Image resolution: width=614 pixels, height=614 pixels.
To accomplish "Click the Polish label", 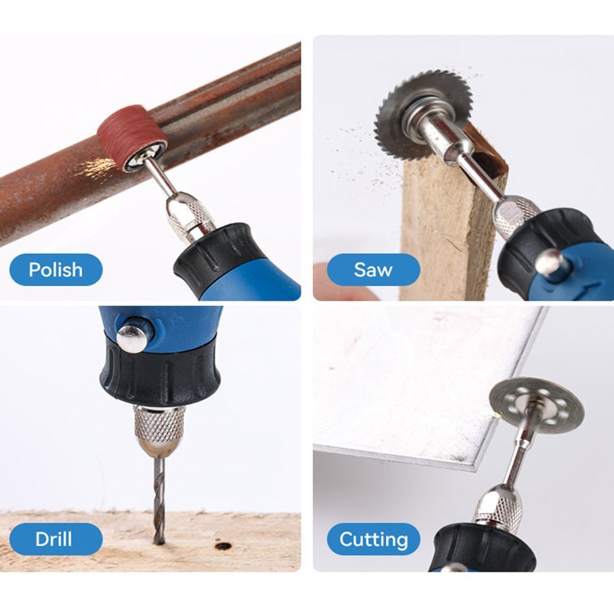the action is click(x=56, y=270).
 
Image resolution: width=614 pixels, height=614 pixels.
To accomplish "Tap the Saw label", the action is click(x=373, y=270).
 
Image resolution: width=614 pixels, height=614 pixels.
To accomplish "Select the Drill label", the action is click(x=54, y=539).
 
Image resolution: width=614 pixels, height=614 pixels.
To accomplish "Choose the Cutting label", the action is click(x=373, y=539).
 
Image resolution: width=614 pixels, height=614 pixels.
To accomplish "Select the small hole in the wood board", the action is click(x=223, y=545).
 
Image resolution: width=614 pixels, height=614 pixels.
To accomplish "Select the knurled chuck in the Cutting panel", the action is click(x=498, y=506).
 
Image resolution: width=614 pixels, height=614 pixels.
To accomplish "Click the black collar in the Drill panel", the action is click(x=160, y=375).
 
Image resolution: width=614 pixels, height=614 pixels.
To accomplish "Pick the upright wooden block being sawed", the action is click(x=450, y=219).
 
